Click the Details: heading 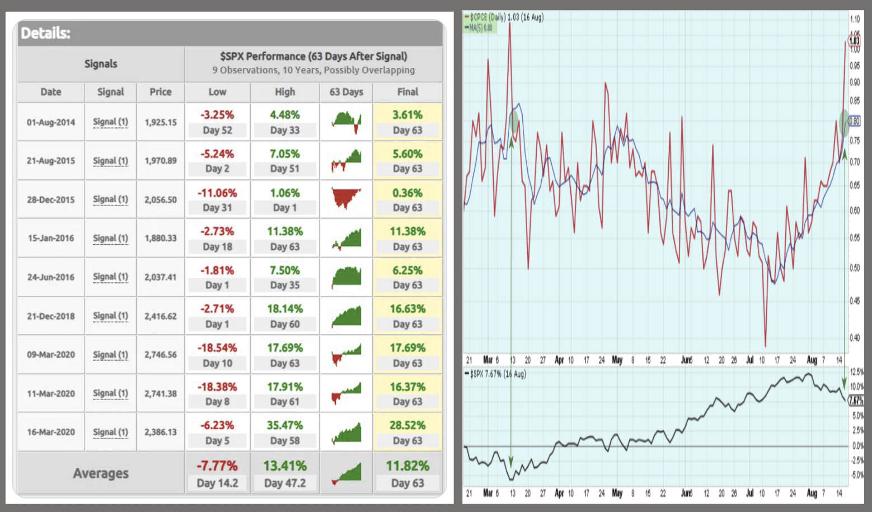(x=46, y=33)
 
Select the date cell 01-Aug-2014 (x=51, y=122)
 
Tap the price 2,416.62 (x=161, y=316)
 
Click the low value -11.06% (x=217, y=193)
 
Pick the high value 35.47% (x=285, y=425)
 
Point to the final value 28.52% (x=407, y=425)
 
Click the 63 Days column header (x=346, y=92)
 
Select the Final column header (x=407, y=92)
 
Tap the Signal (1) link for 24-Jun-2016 (x=110, y=277)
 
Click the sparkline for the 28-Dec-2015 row (x=346, y=199)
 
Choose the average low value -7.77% (x=217, y=466)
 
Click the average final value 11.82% (x=407, y=466)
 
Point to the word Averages (x=101, y=473)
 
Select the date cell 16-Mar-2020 (x=51, y=432)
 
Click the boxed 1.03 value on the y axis (x=854, y=41)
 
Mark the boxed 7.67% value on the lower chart (x=856, y=400)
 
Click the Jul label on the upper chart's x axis (x=749, y=360)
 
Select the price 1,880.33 (x=161, y=238)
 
